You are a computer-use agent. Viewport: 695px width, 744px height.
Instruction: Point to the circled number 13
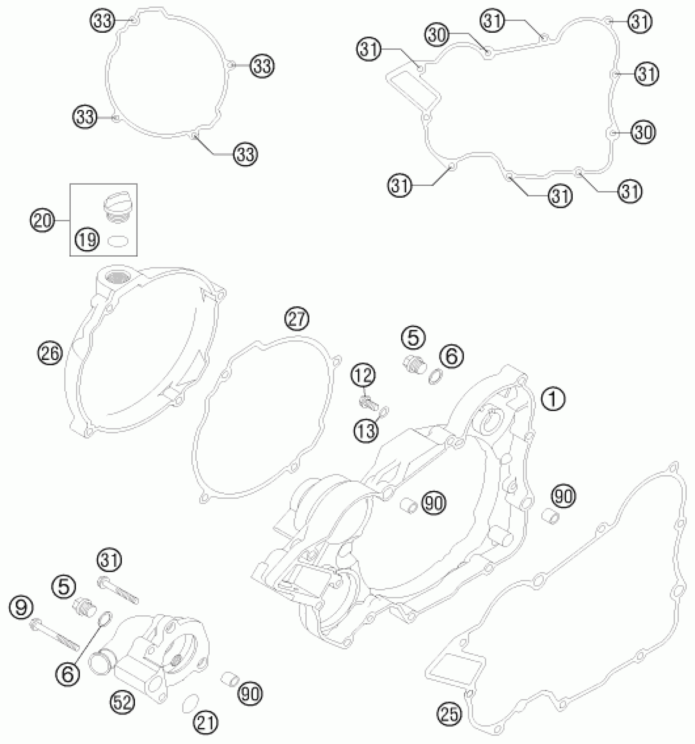(365, 431)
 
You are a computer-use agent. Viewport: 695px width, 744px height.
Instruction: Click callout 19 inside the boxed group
(87, 239)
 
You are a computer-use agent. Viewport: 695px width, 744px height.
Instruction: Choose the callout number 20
(42, 221)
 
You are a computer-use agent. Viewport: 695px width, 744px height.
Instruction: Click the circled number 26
(50, 353)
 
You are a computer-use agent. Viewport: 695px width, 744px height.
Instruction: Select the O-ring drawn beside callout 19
(117, 241)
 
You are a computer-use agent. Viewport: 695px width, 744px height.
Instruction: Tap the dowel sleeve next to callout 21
(228, 678)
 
